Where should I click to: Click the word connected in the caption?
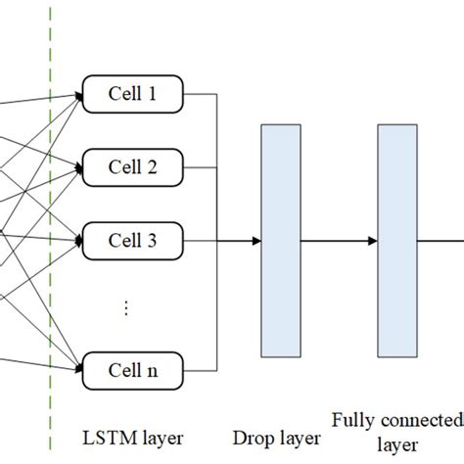[421, 420]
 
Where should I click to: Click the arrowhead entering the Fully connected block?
[373, 241]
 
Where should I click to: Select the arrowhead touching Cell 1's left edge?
[78, 96]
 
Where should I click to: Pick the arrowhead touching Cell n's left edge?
[78, 371]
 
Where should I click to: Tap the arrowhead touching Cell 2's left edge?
[78, 165]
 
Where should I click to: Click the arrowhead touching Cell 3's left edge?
[78, 237]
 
